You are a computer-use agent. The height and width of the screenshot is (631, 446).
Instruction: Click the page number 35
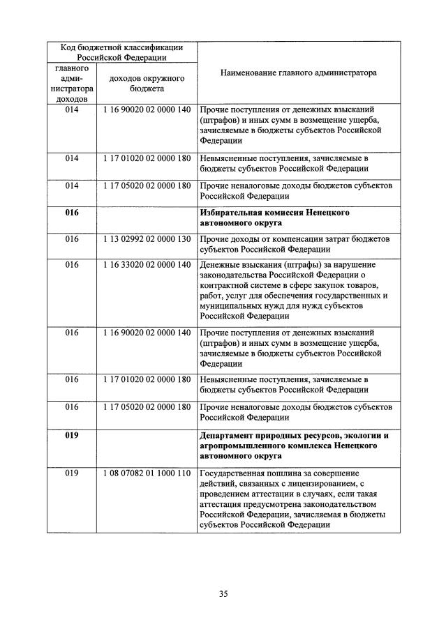(223, 594)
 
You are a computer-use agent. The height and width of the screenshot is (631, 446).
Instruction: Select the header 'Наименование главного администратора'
(298, 72)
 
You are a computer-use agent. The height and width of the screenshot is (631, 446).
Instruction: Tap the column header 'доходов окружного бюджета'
(146, 84)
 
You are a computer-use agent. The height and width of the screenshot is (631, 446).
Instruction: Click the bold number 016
(73, 212)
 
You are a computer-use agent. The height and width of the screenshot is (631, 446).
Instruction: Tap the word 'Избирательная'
(232, 212)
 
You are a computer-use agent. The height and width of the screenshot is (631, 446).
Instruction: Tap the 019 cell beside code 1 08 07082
(73, 473)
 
